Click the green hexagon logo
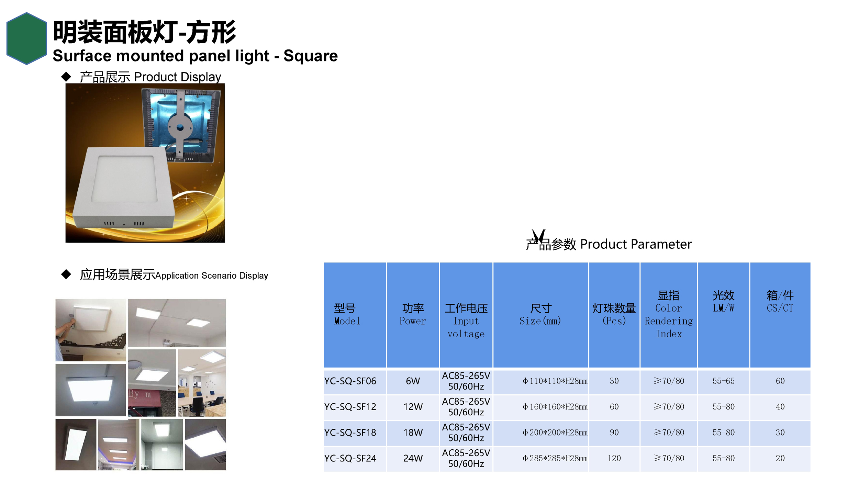tap(26, 38)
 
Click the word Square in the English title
tap(311, 56)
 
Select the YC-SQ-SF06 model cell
tap(355, 381)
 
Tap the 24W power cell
tap(413, 458)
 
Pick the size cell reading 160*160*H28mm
tap(541, 407)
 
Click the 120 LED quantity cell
tap(614, 458)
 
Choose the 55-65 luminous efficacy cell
tap(724, 381)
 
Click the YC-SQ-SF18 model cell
tap(355, 433)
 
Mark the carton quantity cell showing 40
tap(780, 407)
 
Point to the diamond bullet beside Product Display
tap(66, 77)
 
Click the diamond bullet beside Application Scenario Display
tap(66, 274)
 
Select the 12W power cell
tap(413, 407)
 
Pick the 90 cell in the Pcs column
tap(614, 433)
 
